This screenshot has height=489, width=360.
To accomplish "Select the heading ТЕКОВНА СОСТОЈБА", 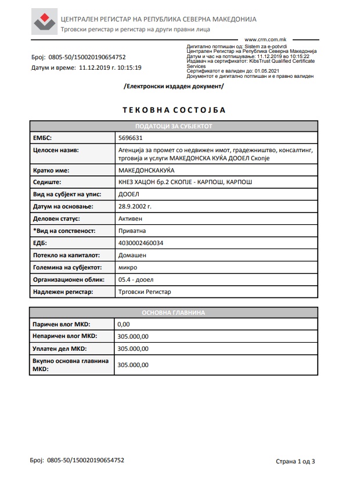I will [x=174, y=110].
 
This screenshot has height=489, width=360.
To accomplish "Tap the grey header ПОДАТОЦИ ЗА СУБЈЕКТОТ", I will [x=174, y=126].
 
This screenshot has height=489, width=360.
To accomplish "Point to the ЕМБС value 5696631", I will [x=130, y=138].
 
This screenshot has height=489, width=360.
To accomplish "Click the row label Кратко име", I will [x=51, y=171].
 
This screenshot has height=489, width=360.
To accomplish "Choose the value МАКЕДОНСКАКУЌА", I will [x=146, y=171].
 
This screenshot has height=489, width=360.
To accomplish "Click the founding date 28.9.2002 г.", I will [x=135, y=206].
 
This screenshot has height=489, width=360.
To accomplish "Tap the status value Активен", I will [x=130, y=219].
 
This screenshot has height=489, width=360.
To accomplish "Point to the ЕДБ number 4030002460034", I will [x=141, y=243].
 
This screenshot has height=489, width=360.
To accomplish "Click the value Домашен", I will [x=132, y=254].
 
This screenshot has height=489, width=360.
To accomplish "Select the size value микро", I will [x=127, y=267].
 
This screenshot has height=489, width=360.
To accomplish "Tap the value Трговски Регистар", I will [x=145, y=292].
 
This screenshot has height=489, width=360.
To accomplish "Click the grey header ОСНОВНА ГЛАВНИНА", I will [x=174, y=312].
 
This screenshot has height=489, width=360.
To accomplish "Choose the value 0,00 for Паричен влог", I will [x=123, y=324].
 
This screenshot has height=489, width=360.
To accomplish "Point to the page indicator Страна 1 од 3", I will [x=295, y=462].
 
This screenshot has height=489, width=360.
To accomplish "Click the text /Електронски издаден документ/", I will [x=174, y=86].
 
